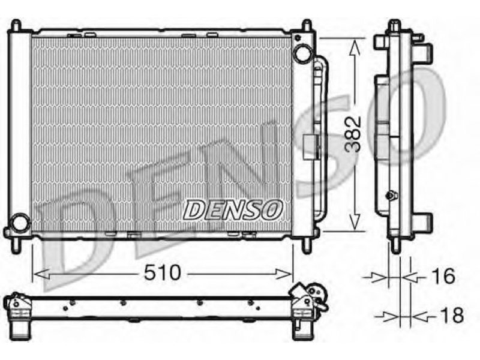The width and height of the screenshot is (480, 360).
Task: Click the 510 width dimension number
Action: [163, 272]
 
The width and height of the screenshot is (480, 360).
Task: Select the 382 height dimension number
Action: [353, 134]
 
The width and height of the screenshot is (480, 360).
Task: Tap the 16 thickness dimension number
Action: [444, 276]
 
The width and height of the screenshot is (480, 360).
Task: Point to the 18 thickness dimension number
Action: [452, 315]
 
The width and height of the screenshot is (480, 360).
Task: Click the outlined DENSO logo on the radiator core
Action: [233, 209]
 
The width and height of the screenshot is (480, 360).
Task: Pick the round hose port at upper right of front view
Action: [302, 53]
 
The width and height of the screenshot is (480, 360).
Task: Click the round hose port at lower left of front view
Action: [20, 223]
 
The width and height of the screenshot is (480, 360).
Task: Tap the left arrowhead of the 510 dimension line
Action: [41, 274]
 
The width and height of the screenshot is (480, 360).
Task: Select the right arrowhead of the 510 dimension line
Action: [284, 274]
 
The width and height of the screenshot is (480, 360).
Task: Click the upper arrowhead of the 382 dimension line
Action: [354, 47]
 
